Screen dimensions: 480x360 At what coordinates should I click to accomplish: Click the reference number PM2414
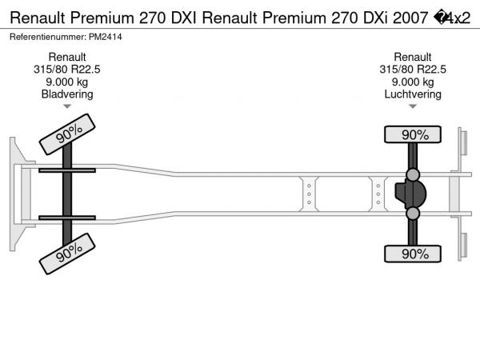[106, 37]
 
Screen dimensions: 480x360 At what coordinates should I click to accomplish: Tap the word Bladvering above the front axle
[67, 94]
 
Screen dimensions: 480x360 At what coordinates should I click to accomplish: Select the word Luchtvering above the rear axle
[413, 94]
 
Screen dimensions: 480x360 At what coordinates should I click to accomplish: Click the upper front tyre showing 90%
[67, 134]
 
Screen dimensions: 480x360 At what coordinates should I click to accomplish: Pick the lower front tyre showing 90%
[67, 254]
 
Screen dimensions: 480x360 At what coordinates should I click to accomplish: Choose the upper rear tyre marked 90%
[413, 134]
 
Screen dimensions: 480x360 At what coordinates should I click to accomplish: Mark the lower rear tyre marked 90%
[413, 254]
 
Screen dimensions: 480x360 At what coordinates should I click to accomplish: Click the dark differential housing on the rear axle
[410, 194]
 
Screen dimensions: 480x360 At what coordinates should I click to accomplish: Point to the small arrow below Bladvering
[67, 106]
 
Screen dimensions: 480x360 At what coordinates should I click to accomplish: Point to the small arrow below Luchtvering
[413, 106]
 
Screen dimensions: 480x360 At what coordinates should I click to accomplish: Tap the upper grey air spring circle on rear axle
[413, 174]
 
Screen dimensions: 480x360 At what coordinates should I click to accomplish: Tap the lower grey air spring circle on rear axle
[413, 214]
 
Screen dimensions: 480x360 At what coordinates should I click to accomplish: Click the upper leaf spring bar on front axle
[67, 170]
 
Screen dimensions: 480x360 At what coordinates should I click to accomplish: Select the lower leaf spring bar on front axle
[67, 218]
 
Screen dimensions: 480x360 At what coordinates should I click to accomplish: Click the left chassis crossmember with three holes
[309, 194]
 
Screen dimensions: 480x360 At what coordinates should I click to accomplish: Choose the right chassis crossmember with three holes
[378, 194]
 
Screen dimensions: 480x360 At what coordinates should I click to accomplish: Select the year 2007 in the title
[410, 18]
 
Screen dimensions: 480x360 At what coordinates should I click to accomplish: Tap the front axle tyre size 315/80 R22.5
[67, 70]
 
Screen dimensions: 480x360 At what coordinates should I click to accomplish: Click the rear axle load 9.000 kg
[413, 82]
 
